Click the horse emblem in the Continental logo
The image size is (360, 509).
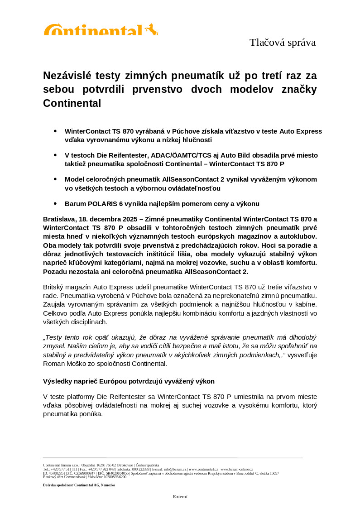tap(151, 29)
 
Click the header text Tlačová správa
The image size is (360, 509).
tap(282, 43)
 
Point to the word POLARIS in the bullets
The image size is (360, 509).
tap(104, 204)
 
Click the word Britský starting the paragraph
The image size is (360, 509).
tap(54, 287)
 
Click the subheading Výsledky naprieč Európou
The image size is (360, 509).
tap(129, 381)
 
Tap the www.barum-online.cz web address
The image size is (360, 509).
tap(236, 470)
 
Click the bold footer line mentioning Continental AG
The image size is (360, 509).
tap(79, 485)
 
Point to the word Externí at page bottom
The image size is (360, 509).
tap(180, 496)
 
